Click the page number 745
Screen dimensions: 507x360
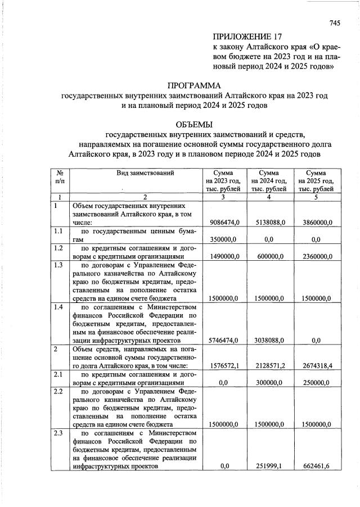pos(335,24)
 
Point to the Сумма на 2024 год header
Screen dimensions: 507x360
pos(269,181)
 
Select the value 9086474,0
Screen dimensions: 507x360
pos(224,223)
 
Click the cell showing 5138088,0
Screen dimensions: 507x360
pos(269,223)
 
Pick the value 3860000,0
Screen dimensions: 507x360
pos(316,223)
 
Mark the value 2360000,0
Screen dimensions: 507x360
pos(316,256)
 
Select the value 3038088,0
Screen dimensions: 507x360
pos(269,340)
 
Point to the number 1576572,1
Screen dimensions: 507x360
pos(224,366)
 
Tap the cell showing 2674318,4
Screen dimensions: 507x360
pos(316,366)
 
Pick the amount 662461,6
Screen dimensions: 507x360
pos(317,467)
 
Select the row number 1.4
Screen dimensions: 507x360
pos(57,307)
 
